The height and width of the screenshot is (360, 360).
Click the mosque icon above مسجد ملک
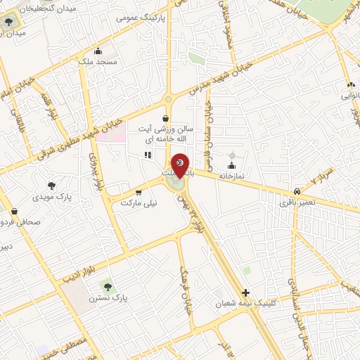(x=98, y=51)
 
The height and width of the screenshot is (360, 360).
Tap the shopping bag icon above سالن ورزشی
(x=165, y=118)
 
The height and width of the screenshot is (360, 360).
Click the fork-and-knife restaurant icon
(x=147, y=155)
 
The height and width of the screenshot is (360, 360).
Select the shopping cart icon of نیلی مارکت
(x=139, y=191)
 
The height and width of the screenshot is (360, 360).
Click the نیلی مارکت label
(x=139, y=202)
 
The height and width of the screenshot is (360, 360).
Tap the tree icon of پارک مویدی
(x=51, y=186)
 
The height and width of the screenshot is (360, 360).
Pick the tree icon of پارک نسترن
(x=107, y=286)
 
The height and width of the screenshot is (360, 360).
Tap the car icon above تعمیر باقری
(x=297, y=191)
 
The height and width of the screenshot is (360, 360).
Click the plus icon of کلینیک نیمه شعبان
(x=245, y=292)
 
